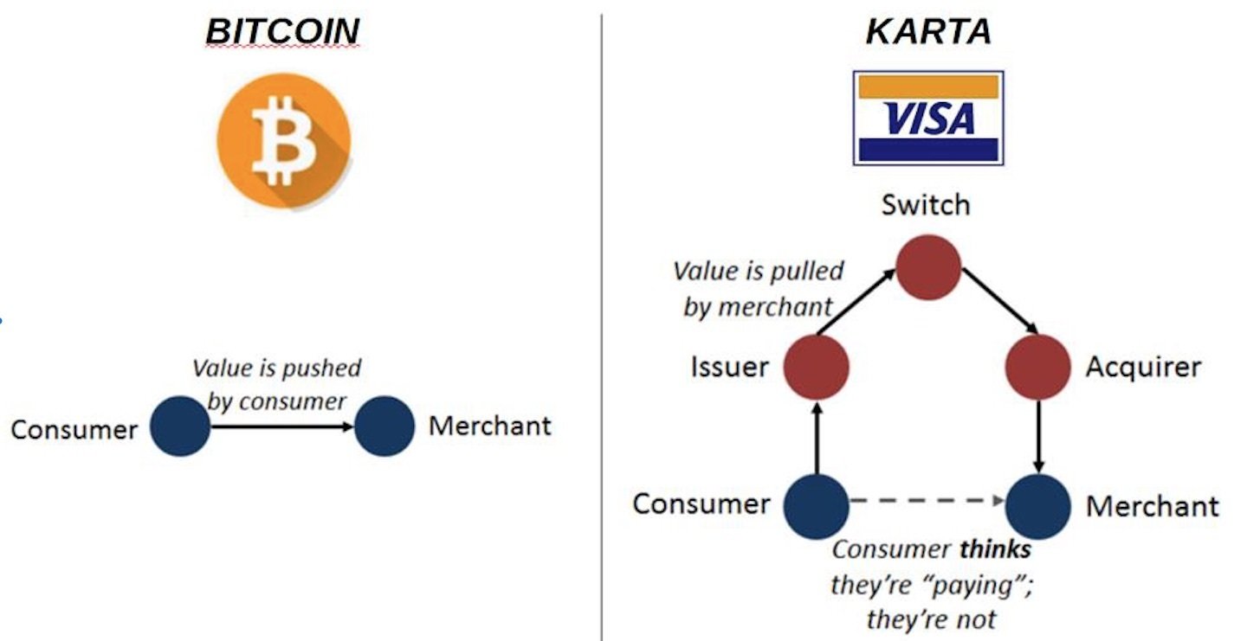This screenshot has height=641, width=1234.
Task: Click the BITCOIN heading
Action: [x=282, y=31]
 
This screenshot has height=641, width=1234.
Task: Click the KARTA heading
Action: [x=928, y=31]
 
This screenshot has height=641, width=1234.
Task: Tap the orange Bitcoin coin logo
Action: [x=283, y=142]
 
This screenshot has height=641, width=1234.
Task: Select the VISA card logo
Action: [x=928, y=118]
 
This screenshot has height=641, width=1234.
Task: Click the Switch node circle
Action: [x=928, y=267]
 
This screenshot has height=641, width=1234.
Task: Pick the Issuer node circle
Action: [x=816, y=367]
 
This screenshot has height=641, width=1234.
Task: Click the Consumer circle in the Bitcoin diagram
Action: [x=180, y=426]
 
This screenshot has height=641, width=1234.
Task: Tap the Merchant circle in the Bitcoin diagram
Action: [x=384, y=426]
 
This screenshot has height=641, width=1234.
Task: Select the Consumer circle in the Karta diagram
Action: [x=816, y=506]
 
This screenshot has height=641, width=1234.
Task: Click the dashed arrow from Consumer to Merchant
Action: [x=927, y=501]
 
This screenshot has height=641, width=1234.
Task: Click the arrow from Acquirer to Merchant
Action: [x=1038, y=437]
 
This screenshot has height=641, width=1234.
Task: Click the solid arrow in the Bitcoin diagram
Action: [x=282, y=426]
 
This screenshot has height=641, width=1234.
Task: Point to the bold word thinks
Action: [x=995, y=549]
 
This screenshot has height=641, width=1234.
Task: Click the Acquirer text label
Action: [x=1143, y=367]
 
